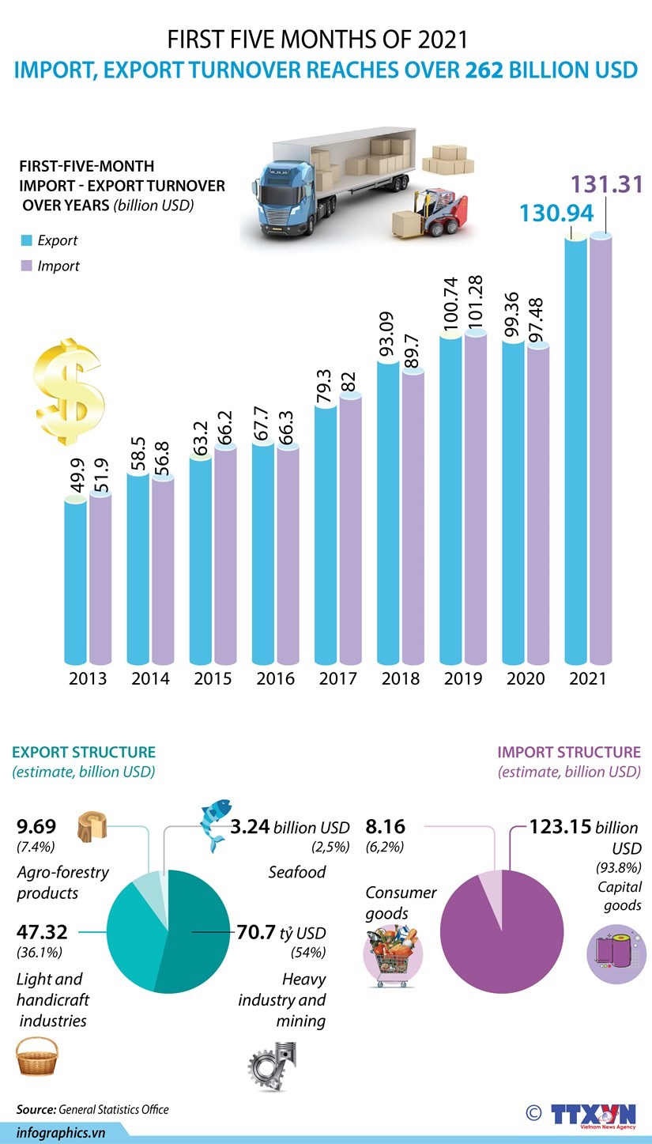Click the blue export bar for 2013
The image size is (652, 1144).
[76, 581]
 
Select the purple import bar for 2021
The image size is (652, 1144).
[601, 451]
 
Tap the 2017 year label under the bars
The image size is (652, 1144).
[337, 678]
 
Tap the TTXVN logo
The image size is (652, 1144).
[593, 1112]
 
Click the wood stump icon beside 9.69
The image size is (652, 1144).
[92, 828]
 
